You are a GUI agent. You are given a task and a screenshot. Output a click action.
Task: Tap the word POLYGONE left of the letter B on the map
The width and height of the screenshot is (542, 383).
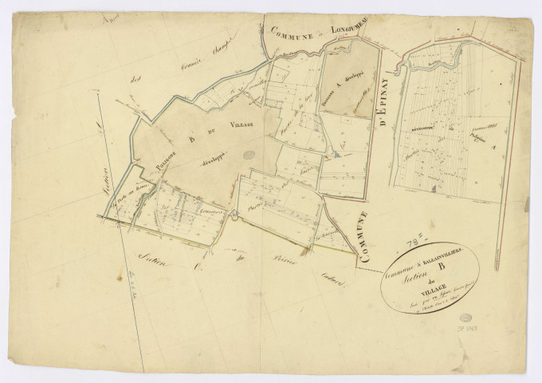point(155,162)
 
